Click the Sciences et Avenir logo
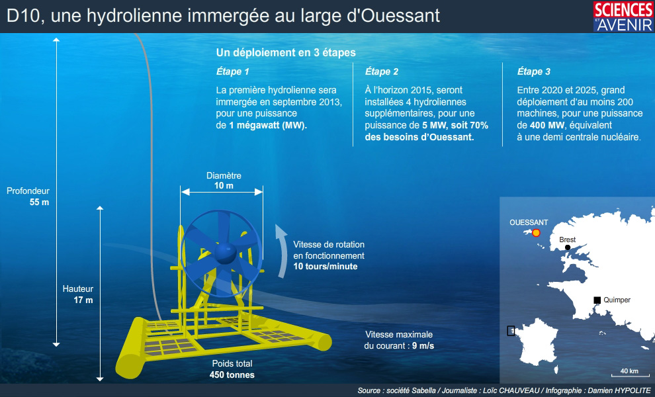623,17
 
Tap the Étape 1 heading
232,71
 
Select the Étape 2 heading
381,71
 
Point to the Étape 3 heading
533,71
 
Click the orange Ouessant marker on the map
536,233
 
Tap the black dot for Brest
567,247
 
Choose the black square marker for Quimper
597,300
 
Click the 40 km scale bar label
629,371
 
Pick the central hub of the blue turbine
226,252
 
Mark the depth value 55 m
39,202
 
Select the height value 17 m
83,300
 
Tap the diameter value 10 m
224,185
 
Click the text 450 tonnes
232,375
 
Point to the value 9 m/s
423,346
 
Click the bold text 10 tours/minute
326,267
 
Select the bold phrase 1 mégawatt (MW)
268,125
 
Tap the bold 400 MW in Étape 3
546,125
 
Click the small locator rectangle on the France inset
511,331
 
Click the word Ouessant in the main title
400,16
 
